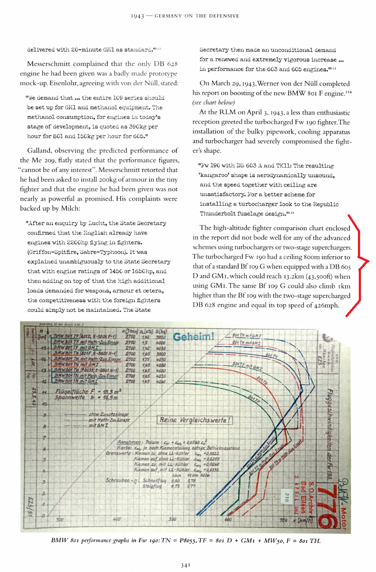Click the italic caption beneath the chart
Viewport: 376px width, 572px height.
point(185,540)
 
